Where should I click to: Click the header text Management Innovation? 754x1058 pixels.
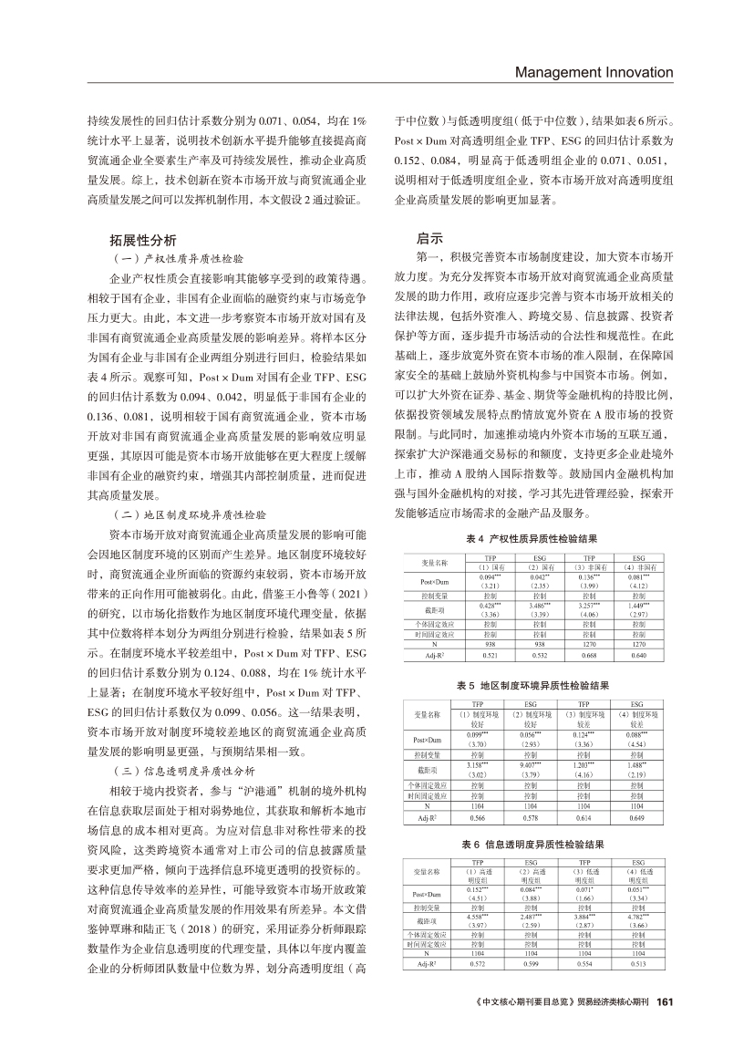(594, 72)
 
